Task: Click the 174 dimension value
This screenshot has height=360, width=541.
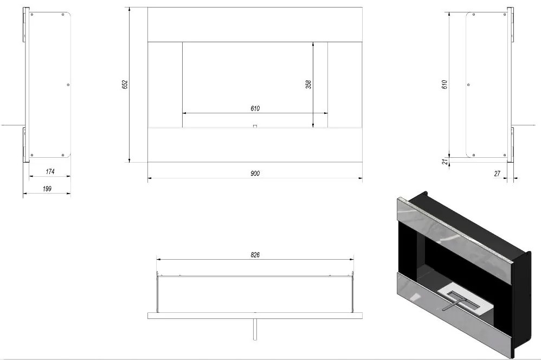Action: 50,171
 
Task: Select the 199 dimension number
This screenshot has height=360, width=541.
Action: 47,189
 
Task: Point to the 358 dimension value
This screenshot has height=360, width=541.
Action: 308,84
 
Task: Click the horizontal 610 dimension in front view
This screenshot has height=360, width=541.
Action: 255,108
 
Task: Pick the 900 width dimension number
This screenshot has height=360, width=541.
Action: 255,173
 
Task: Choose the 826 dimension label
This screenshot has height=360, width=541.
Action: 255,255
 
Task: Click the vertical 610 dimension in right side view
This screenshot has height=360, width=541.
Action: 445,85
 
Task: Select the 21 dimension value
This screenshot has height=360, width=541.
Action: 446,161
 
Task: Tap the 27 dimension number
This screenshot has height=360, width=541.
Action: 497,173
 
